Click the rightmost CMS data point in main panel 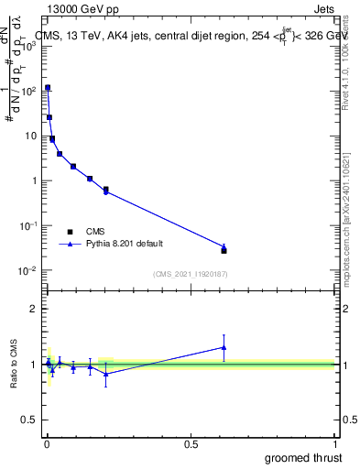pos(224,250)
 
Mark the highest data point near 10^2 pos(48,88)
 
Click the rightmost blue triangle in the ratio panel pos(224,347)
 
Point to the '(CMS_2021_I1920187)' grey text pos(189,274)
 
